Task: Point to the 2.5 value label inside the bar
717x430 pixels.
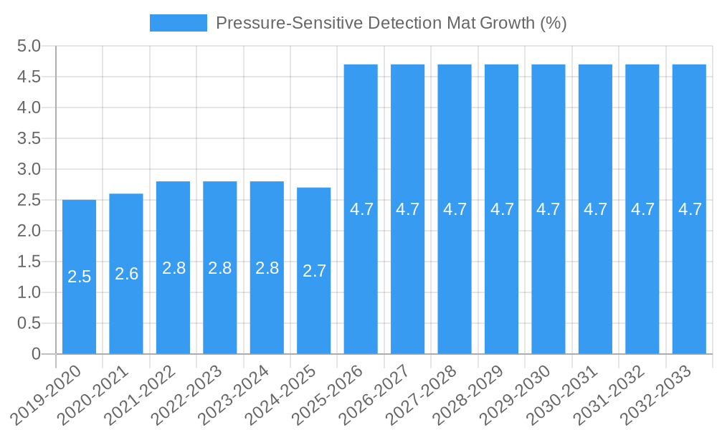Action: tap(79, 277)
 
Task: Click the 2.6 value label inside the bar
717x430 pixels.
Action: tap(126, 274)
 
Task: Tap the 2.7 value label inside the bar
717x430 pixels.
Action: tap(314, 271)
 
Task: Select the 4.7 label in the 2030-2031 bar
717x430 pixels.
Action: tap(595, 209)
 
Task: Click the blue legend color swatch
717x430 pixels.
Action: tap(178, 23)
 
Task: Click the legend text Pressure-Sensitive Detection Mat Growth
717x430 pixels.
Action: tap(391, 23)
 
